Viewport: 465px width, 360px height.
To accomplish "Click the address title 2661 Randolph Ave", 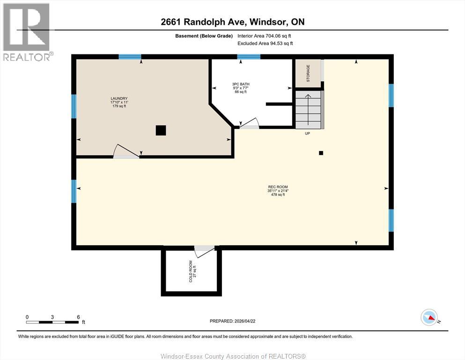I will click(232, 22).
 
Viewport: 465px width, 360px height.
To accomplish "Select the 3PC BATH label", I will click(241, 88).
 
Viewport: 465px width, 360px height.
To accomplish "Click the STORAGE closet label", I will click(308, 74).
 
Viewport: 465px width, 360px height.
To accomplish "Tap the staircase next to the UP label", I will click(309, 109).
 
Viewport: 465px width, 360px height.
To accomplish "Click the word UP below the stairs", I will click(308, 134).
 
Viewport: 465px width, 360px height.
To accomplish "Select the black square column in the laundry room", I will click(161, 130).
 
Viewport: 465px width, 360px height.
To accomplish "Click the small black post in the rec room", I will click(321, 152).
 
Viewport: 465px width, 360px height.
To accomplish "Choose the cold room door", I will click(204, 250).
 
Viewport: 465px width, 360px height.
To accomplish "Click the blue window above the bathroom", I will click(249, 57).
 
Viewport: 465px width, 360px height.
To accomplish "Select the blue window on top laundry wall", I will click(130, 57).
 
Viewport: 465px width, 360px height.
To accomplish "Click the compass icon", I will click(429, 318).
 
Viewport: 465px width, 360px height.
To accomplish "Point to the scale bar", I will click(52, 322).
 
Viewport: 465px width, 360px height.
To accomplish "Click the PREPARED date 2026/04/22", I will click(233, 321).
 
